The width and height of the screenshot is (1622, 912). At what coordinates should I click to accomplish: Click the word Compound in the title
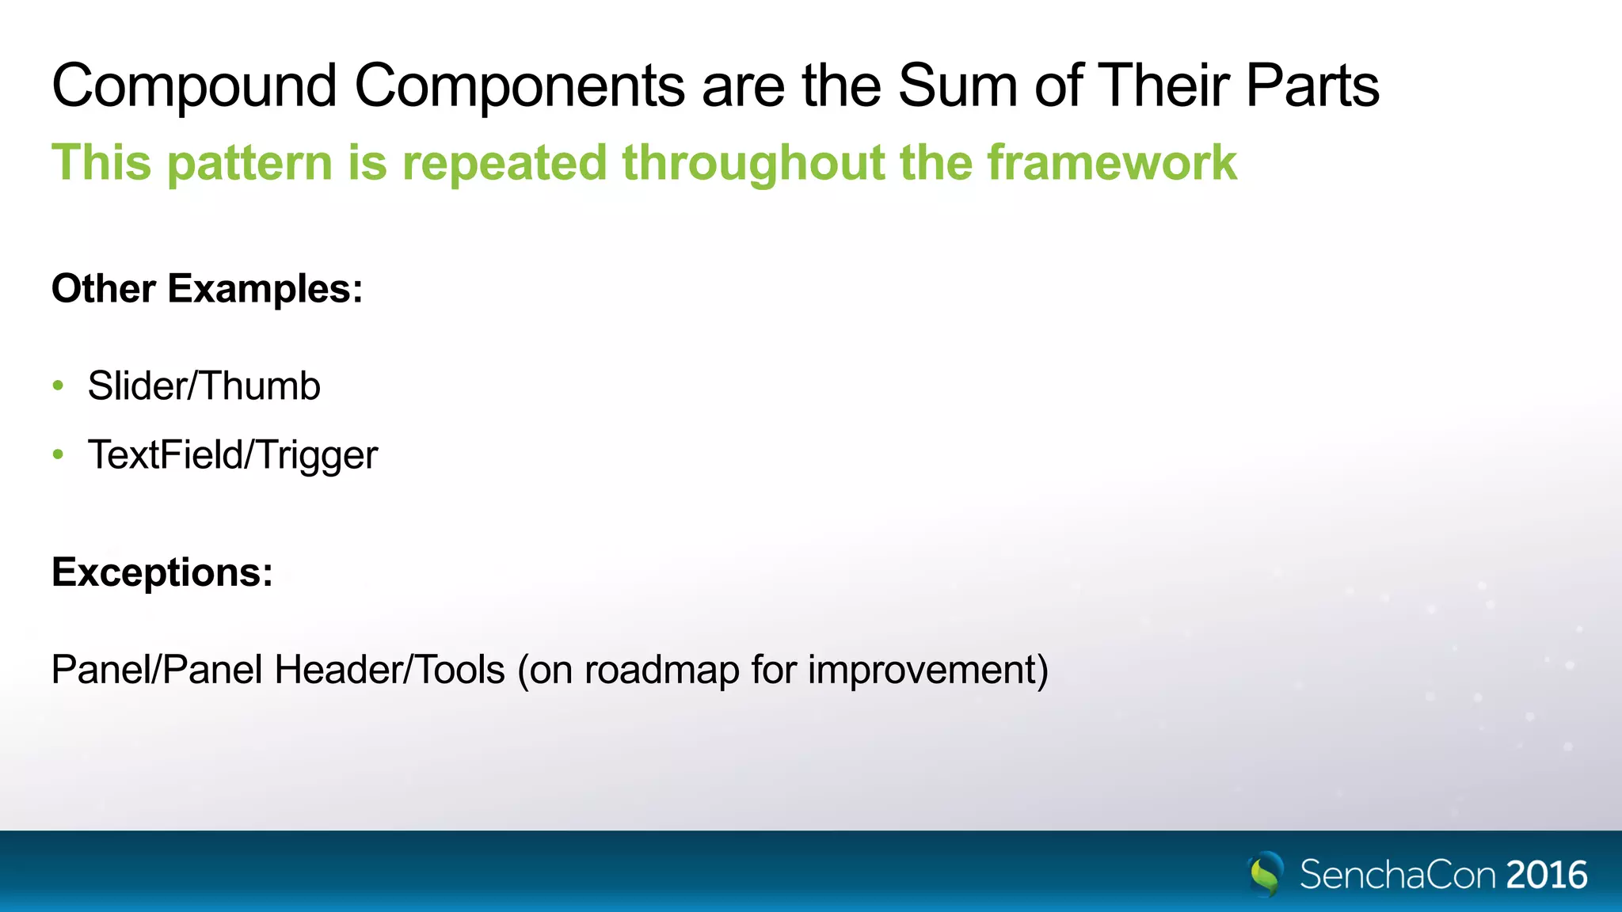coord(195,85)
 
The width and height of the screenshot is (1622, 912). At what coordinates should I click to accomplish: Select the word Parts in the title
coord(1312,85)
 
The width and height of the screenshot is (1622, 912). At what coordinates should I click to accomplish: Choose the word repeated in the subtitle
coord(504,163)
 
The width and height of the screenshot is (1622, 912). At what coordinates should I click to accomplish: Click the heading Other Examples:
coord(208,288)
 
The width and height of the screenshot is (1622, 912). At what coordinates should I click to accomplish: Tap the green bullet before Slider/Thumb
coord(58,386)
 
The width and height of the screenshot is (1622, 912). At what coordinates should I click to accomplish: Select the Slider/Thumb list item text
coord(204,386)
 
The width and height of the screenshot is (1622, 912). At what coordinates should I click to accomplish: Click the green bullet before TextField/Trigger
coord(58,454)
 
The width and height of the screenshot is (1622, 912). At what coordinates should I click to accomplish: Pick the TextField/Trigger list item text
coord(233,455)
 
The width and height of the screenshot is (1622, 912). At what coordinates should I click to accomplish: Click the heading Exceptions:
coord(162,572)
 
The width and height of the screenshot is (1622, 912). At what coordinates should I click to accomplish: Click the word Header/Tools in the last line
coord(390,670)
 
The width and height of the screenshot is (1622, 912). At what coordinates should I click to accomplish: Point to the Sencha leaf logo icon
coord(1266,873)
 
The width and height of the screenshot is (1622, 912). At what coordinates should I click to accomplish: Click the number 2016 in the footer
coord(1547,875)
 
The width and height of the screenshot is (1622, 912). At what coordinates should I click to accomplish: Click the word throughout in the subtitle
coord(752,163)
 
